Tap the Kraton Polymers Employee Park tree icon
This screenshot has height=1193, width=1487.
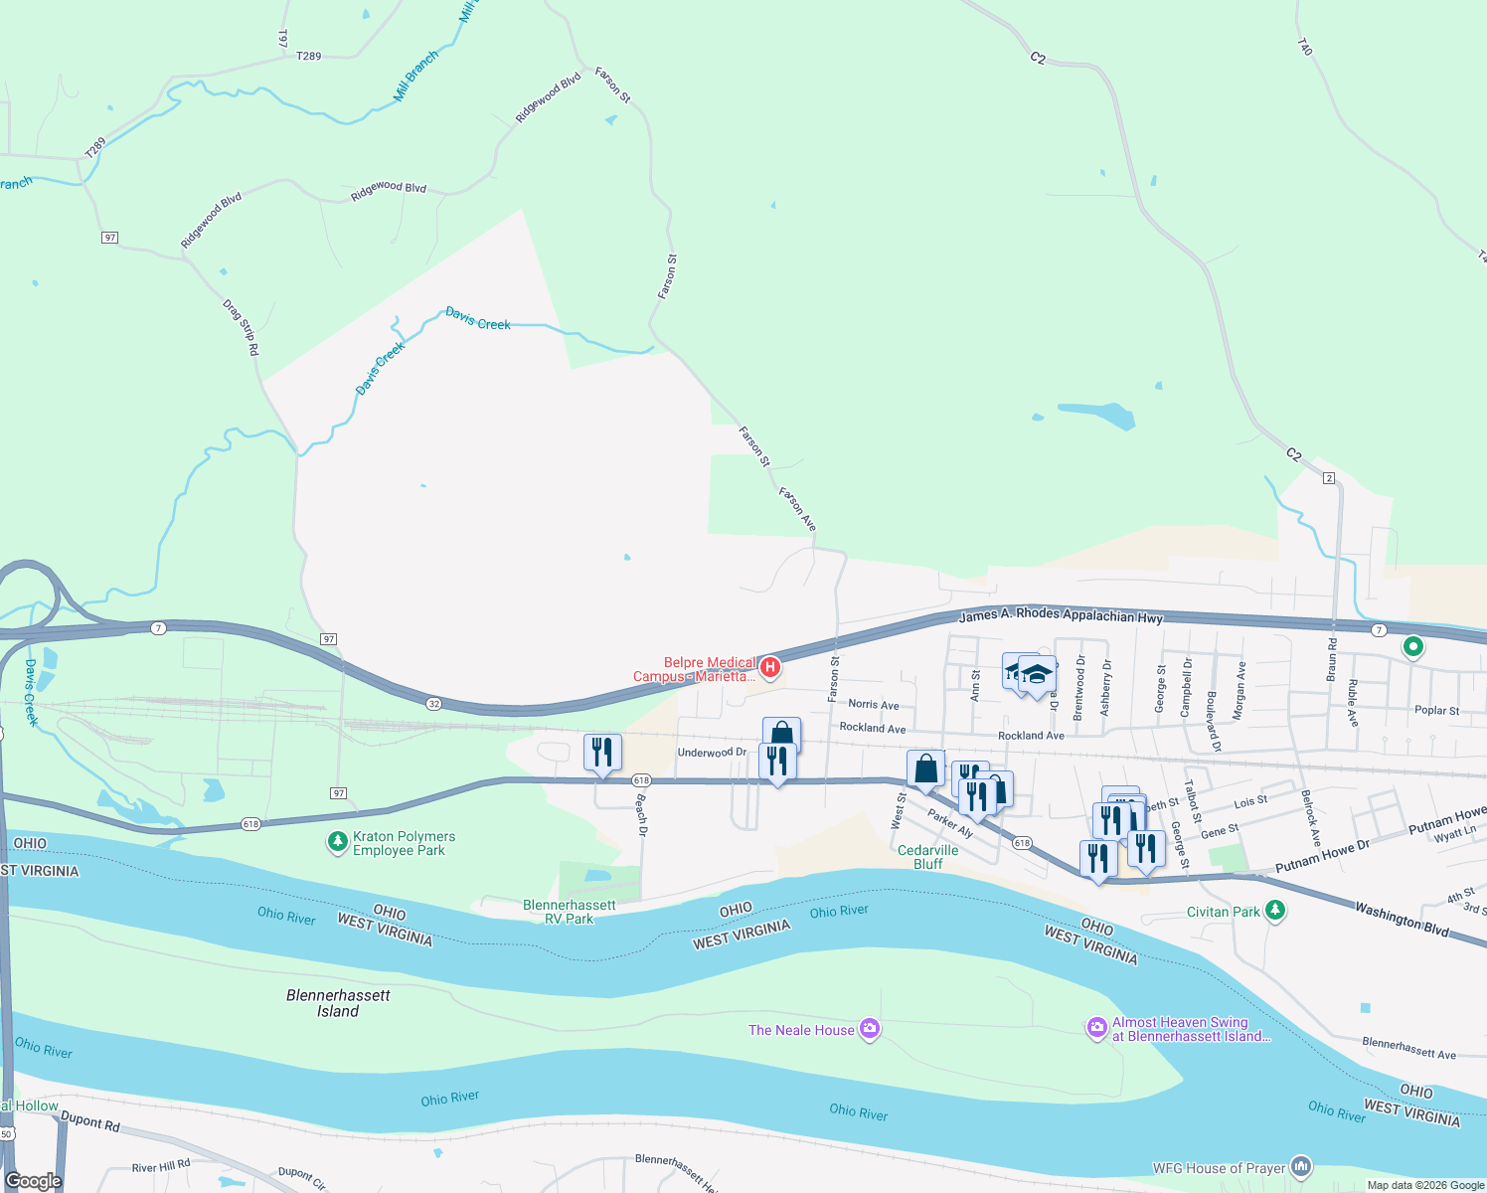pos(338,843)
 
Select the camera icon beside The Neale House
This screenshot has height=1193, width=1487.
pos(870,1029)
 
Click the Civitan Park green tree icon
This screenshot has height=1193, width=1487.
pos(1275,911)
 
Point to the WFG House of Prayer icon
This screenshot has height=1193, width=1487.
pos(1301,1167)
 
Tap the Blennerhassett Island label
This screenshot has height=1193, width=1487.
pos(338,1003)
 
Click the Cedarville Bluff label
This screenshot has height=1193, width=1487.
pos(927,857)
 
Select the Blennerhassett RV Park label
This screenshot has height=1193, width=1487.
pos(570,912)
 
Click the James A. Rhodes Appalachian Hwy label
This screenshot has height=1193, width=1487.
pos(1061,615)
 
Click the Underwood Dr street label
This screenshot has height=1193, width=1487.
pos(712,753)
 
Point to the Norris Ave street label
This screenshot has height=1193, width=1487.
pos(874,704)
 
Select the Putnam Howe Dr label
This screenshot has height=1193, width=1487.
pos(1322,857)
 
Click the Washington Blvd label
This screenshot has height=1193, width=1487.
pos(1402,919)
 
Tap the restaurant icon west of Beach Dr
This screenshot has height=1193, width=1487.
pos(602,753)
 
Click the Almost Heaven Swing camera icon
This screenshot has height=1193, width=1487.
pos(1096,1028)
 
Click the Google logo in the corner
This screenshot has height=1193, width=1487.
pos(34,1180)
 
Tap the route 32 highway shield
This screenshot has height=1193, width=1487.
pos(434,704)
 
